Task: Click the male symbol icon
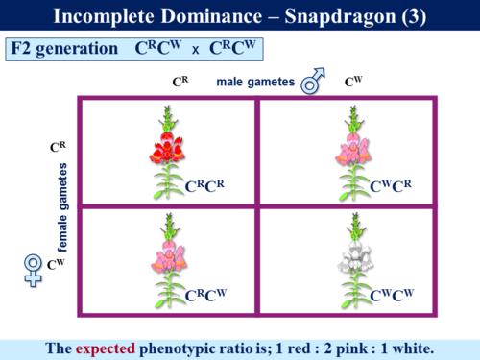pyautogui.click(x=311, y=84)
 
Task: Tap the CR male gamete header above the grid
pyautogui.click(x=179, y=83)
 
